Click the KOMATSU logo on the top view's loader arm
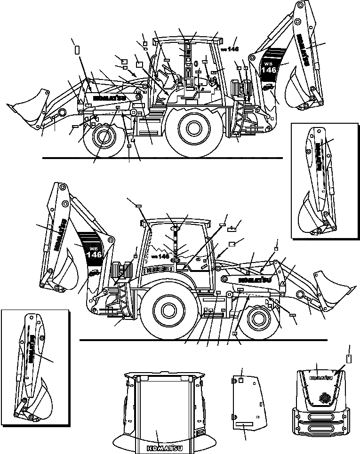(x=109, y=98)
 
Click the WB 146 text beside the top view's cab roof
(x=230, y=49)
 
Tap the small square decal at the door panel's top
(x=240, y=380)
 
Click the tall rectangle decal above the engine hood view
(x=349, y=358)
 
